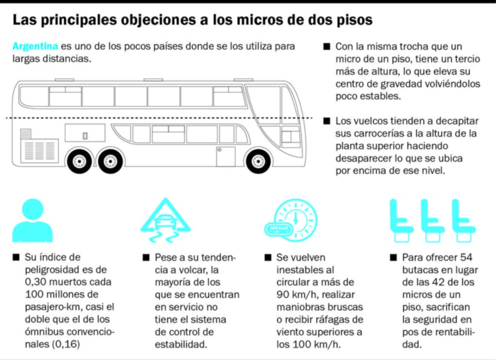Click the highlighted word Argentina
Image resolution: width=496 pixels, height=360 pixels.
35,47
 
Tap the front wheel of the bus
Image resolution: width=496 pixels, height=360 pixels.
258,161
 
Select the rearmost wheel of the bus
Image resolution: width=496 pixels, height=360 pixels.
79,161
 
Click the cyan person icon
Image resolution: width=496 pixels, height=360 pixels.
32,220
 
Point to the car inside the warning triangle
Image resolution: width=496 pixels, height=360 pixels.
165,222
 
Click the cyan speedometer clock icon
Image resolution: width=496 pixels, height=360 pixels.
295,220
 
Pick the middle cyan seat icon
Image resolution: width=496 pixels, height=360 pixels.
433,220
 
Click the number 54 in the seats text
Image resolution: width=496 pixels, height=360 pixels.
466,257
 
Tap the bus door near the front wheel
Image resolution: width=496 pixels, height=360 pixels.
226,157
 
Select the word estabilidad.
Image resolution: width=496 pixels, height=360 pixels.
181,344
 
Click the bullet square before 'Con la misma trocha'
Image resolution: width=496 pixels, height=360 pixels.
326,47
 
